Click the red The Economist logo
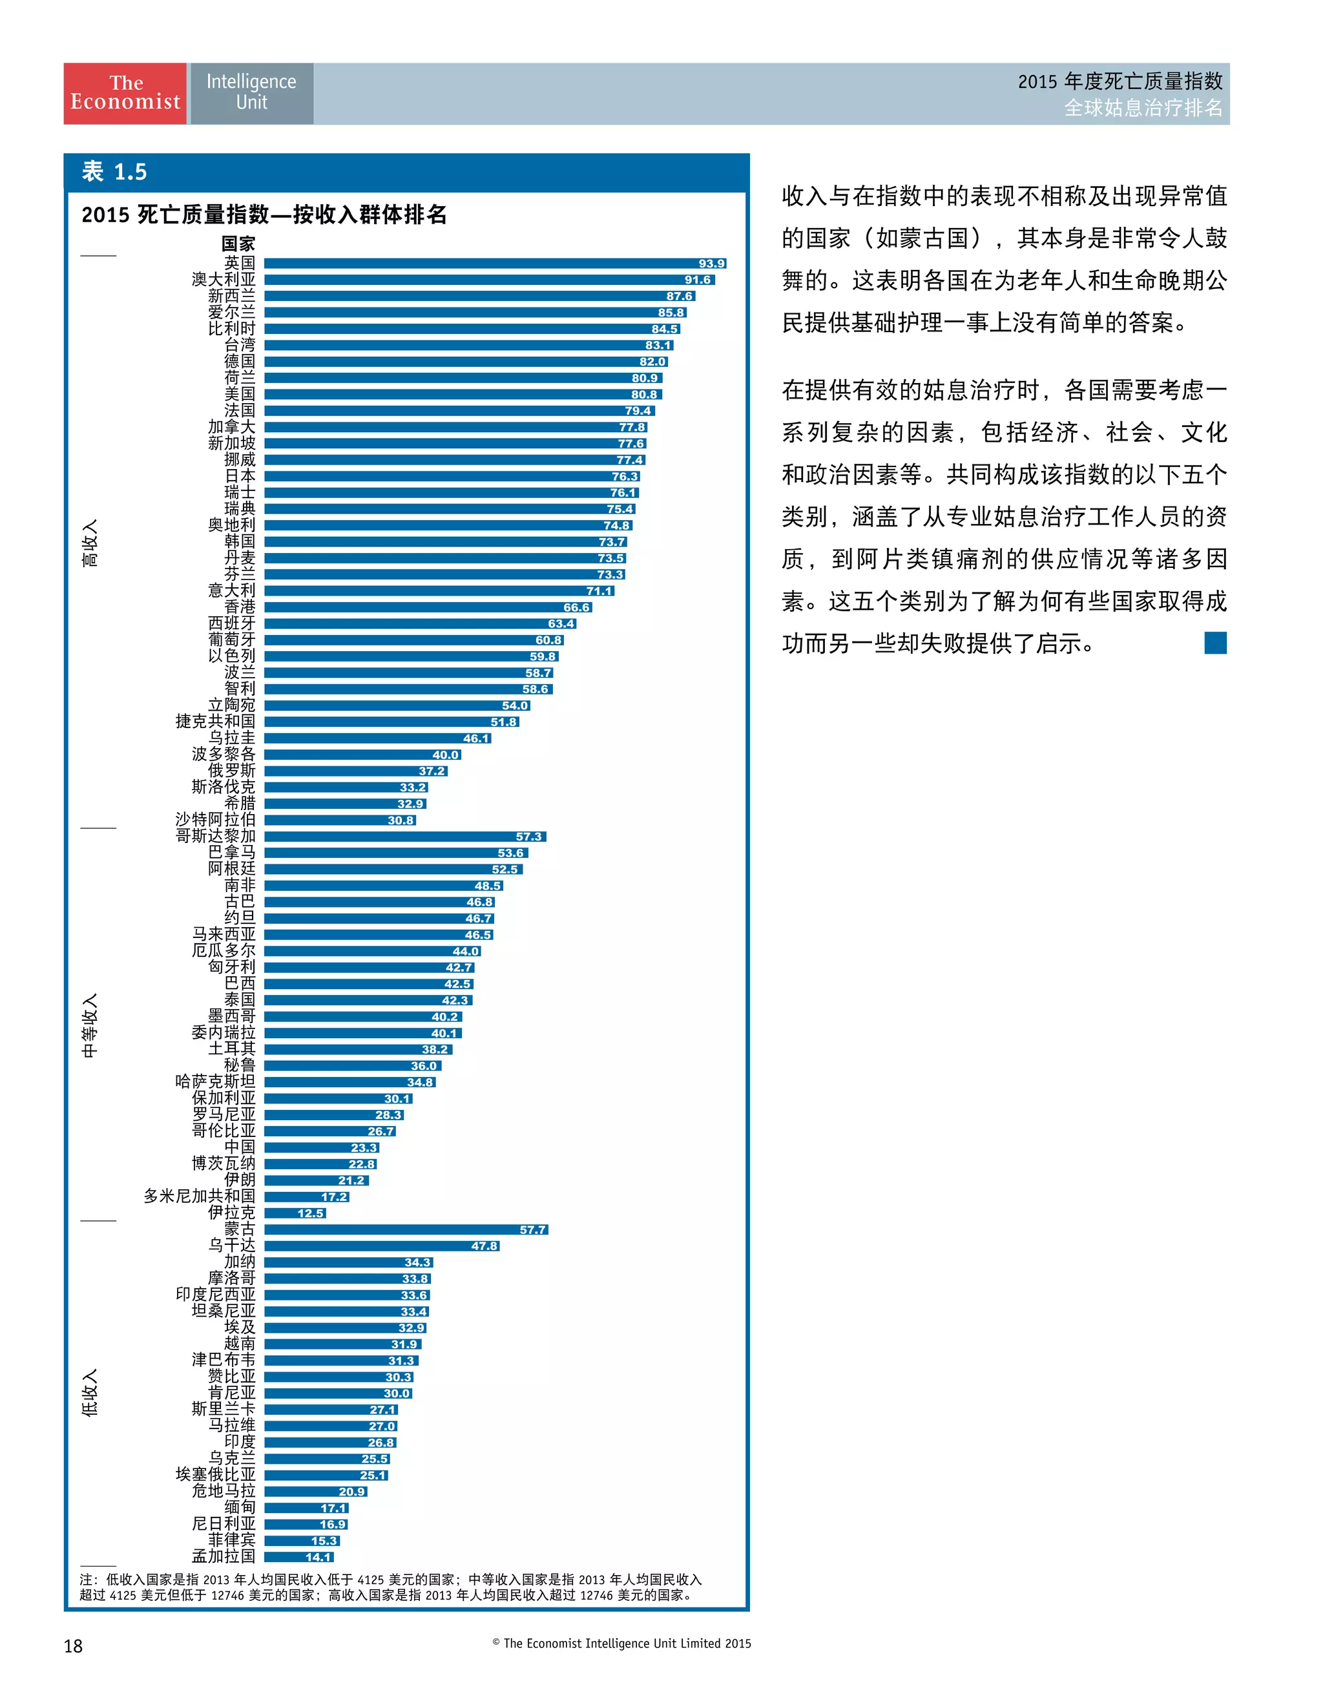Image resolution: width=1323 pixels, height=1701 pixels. (125, 94)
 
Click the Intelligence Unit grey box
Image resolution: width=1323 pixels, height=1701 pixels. (251, 94)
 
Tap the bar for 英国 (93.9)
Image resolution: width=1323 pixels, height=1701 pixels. (483, 263)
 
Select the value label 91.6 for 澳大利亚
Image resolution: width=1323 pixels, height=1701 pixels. (697, 280)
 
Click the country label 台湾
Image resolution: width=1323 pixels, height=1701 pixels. (240, 344)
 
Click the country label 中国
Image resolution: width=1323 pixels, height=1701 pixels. (240, 1147)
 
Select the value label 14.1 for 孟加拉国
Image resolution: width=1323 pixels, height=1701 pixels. (318, 1557)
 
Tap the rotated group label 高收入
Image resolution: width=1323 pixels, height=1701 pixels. (90, 543)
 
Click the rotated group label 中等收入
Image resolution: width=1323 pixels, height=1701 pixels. (90, 1025)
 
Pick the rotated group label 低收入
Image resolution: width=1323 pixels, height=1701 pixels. (90, 1393)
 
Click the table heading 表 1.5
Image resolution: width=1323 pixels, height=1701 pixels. (114, 172)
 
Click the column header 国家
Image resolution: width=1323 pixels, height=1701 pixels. (238, 244)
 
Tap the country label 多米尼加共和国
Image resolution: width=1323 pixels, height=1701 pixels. (200, 1196)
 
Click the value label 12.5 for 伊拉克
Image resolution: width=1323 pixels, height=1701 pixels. (310, 1213)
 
